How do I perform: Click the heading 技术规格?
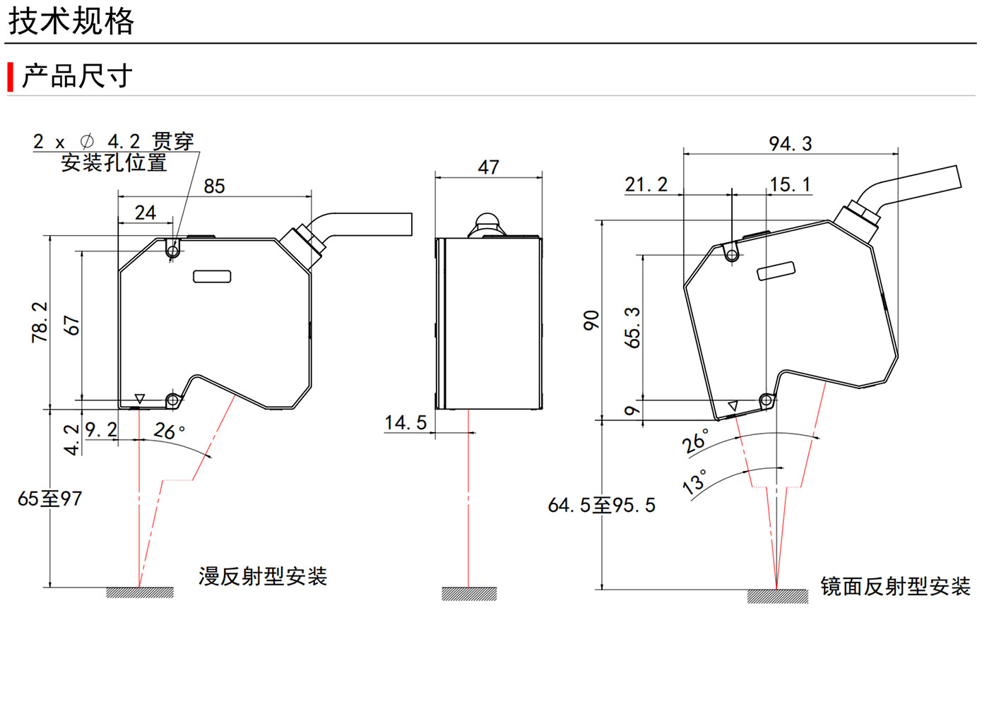tap(71, 21)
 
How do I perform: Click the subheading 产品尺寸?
tap(77, 76)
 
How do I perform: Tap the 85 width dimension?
tap(214, 186)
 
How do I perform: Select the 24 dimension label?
tap(146, 213)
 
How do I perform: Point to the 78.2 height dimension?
tap(40, 322)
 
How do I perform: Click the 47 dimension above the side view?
tap(488, 167)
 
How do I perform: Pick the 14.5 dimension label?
tap(406, 422)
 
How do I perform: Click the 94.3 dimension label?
tap(791, 144)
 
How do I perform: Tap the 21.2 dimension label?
tap(646, 185)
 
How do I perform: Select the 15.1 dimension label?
tap(790, 185)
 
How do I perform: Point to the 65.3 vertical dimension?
tap(632, 328)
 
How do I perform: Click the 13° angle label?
tap(694, 482)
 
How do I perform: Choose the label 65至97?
tap(49, 499)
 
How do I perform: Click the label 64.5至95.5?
tap(602, 506)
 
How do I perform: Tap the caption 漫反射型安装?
tap(263, 576)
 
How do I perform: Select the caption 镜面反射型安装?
tap(895, 586)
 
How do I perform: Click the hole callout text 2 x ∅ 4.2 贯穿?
tap(113, 142)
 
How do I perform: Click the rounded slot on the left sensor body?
tap(212, 277)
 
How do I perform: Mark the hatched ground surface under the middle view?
tap(469, 594)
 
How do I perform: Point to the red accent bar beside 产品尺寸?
tap(11, 77)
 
